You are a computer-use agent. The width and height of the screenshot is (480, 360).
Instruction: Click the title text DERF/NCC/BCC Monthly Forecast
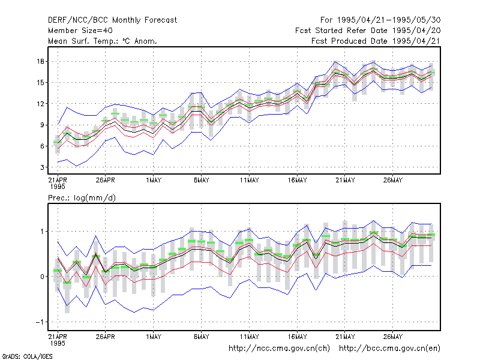112,20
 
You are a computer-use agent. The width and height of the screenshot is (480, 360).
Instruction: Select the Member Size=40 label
80,31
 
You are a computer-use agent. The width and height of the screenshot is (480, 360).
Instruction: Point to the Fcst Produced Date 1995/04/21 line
376,41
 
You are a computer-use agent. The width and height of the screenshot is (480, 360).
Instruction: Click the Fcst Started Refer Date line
368,31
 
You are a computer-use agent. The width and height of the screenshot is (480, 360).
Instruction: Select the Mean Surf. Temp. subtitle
103,41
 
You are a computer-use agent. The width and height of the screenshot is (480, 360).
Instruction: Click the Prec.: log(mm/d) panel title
82,198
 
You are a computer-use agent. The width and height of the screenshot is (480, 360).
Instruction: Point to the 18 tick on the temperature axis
40,62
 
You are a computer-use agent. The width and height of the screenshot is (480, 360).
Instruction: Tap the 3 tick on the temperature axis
42,167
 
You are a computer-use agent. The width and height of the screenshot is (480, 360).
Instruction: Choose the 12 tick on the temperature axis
40,104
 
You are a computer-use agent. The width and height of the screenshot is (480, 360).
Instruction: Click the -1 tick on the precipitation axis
40,322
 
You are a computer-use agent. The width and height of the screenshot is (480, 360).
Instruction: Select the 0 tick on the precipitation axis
42,277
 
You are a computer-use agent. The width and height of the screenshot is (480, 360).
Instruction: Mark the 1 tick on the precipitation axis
42,232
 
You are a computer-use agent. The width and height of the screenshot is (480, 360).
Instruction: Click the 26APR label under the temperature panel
106,180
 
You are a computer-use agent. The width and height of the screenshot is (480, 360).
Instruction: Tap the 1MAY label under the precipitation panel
154,337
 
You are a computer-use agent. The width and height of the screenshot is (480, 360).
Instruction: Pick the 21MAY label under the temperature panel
345,180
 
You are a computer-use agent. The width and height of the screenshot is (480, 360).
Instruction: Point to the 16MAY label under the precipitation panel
297,337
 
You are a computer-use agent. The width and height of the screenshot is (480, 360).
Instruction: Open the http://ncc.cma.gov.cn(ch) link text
279,349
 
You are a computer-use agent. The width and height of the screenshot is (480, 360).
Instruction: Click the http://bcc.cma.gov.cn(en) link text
389,349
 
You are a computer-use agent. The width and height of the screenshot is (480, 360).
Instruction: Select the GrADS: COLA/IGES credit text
27,356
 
